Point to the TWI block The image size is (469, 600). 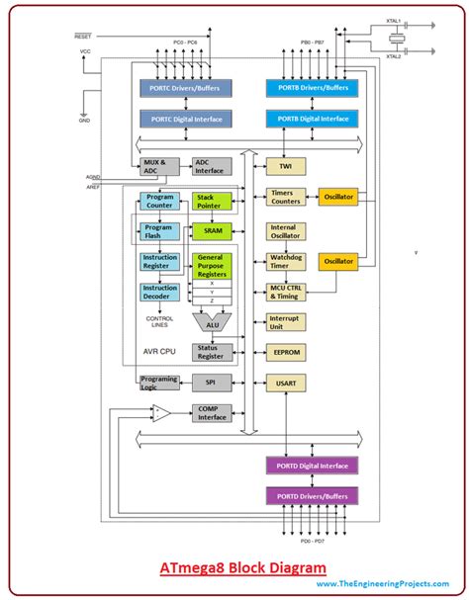pyautogui.click(x=285, y=168)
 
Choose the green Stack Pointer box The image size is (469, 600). pyautogui.click(x=211, y=203)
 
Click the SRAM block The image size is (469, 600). pyautogui.click(x=211, y=230)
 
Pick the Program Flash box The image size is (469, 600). pyautogui.click(x=158, y=232)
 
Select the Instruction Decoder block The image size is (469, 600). pyautogui.click(x=158, y=293)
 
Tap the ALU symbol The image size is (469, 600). pyautogui.click(x=212, y=322)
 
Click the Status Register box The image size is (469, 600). pyautogui.click(x=211, y=353)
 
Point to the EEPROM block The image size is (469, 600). pyautogui.click(x=285, y=352)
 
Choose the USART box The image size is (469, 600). pyautogui.click(x=285, y=382)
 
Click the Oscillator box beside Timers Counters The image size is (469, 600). pyautogui.click(x=338, y=197)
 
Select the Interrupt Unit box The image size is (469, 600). pyautogui.click(x=285, y=322)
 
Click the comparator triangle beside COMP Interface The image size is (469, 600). pyautogui.click(x=161, y=411)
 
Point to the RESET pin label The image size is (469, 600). pyautogui.click(x=83, y=37)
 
